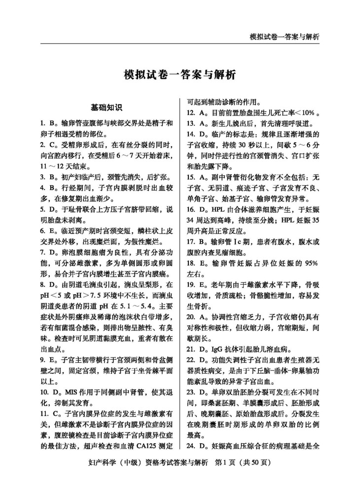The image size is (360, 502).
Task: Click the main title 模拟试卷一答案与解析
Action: [x=180, y=75]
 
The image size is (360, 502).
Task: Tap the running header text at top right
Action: [x=285, y=37]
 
